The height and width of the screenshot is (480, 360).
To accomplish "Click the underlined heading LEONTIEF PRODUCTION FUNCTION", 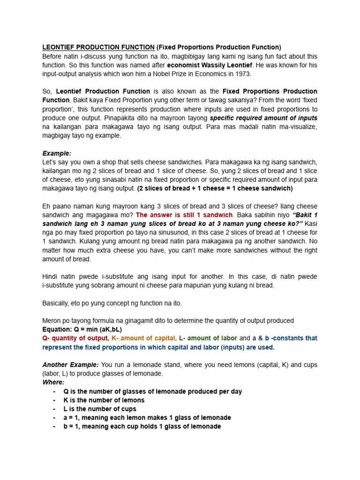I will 98,47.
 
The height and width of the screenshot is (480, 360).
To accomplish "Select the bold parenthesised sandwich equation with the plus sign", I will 215,188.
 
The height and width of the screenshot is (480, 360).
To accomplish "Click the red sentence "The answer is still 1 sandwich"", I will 184,214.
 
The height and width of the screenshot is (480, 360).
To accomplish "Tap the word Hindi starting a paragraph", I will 51,276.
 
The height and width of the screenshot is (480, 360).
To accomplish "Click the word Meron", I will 52,321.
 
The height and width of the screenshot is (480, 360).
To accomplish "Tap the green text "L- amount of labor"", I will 208,338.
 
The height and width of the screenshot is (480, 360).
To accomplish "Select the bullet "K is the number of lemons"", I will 104,400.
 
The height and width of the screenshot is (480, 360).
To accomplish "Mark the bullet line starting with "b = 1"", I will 142,427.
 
